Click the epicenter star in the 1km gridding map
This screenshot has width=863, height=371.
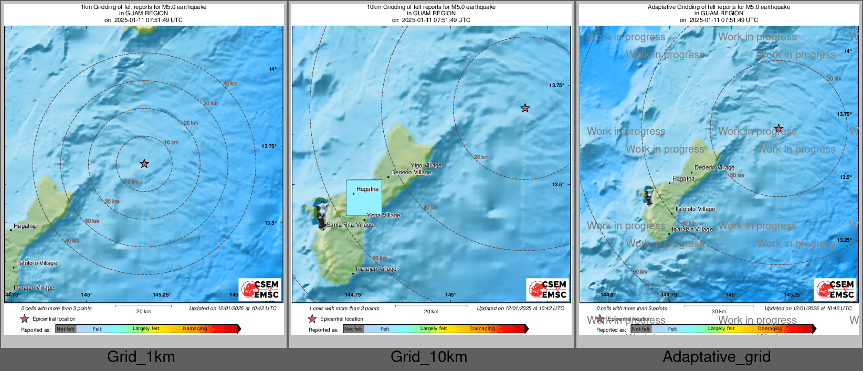(144, 164)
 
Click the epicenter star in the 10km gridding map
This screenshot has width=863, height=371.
(525, 108)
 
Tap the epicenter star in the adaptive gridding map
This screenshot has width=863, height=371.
(778, 129)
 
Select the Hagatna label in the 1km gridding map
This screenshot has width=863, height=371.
(25, 226)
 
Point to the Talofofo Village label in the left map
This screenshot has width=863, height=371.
(37, 263)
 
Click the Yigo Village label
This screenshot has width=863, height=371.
(426, 166)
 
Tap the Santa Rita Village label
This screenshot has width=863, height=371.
(350, 225)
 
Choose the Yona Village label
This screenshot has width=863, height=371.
(383, 215)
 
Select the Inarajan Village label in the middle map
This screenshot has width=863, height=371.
(376, 269)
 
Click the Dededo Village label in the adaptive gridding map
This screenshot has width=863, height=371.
(714, 168)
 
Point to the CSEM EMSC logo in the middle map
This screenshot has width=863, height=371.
(548, 289)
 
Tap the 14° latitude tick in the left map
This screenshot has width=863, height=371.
(272, 69)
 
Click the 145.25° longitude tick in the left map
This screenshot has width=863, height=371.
(162, 295)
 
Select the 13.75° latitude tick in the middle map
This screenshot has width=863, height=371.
(556, 86)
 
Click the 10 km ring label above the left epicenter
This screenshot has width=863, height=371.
(171, 143)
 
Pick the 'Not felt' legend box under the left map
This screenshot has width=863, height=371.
(66, 329)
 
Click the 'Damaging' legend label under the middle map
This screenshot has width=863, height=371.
(482, 329)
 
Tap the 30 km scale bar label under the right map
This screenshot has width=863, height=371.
(719, 312)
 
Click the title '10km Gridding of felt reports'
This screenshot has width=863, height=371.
(431, 7)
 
